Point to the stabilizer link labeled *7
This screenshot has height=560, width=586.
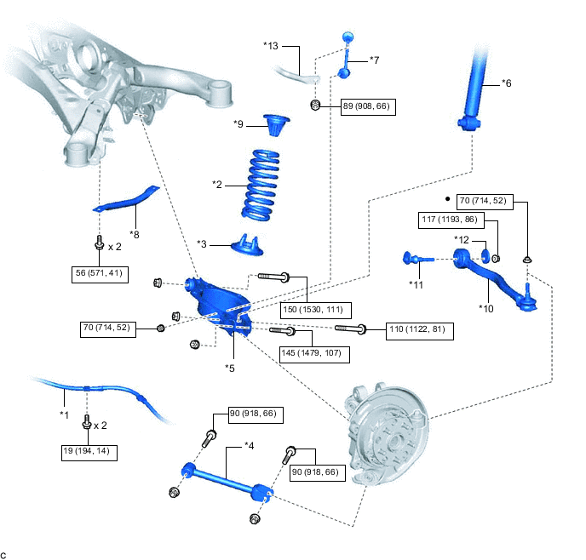point(347,56)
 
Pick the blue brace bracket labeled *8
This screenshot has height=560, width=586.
point(127,203)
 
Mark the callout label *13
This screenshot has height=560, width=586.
point(270,45)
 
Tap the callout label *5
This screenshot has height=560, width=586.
point(230,368)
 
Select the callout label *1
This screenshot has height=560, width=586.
point(63,414)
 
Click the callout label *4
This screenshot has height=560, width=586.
point(250,445)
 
